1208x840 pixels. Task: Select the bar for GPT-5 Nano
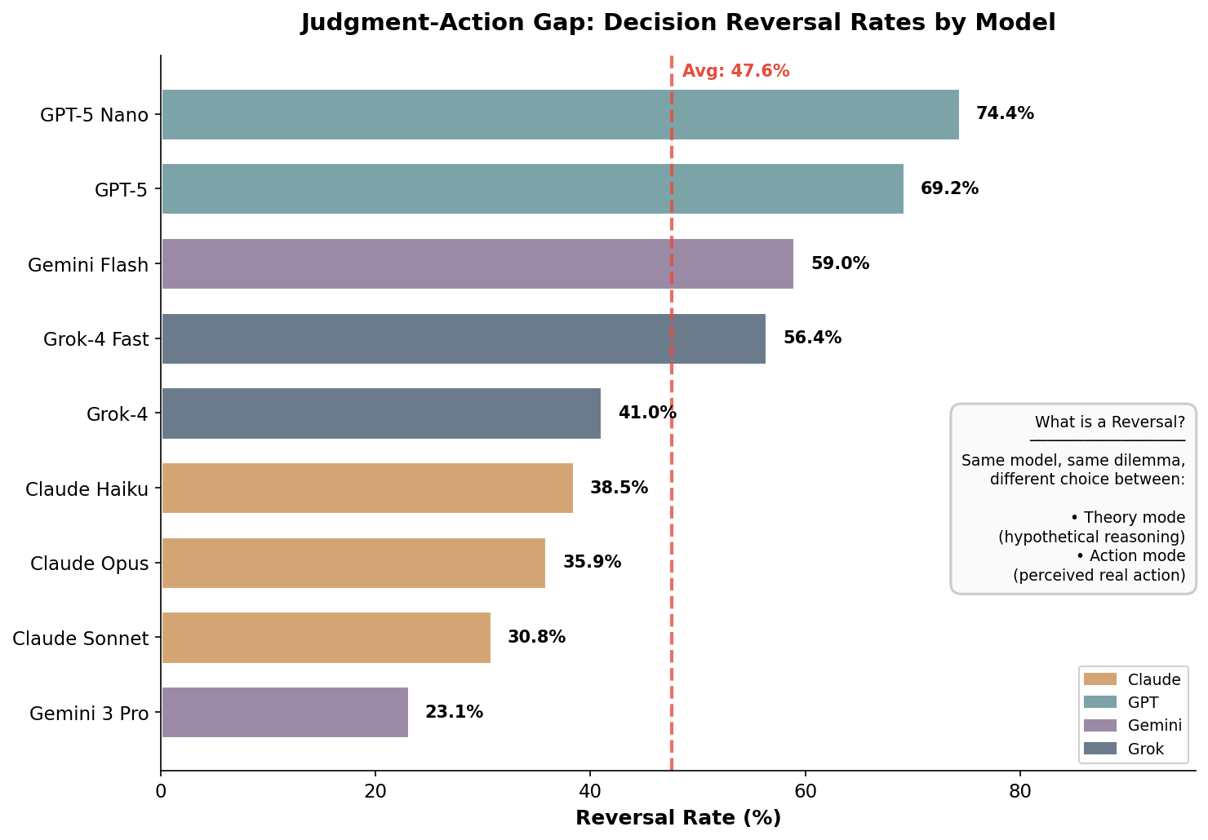[x=560, y=114]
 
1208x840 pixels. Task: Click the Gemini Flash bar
[x=477, y=263]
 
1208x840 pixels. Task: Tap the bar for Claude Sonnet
[x=326, y=637]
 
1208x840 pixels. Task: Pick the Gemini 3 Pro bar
[x=285, y=712]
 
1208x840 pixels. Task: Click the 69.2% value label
[x=949, y=188]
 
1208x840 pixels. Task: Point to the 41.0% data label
[x=647, y=413]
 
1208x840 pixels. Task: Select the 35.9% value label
[x=592, y=562]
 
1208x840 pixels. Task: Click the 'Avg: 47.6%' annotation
[x=735, y=71]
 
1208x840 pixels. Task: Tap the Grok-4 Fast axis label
[x=96, y=339]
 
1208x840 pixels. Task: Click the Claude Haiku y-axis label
[x=87, y=489]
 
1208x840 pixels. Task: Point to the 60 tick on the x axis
[x=805, y=790]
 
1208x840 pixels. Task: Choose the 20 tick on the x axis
[x=375, y=790]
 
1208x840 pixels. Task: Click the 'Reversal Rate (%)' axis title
[x=678, y=818]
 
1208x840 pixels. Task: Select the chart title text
[x=678, y=23]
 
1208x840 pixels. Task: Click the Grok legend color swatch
[x=1099, y=749]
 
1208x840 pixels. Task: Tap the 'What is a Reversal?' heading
[x=1109, y=422]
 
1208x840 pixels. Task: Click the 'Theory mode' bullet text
[x=1127, y=518]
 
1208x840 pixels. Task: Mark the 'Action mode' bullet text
[x=1130, y=556]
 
